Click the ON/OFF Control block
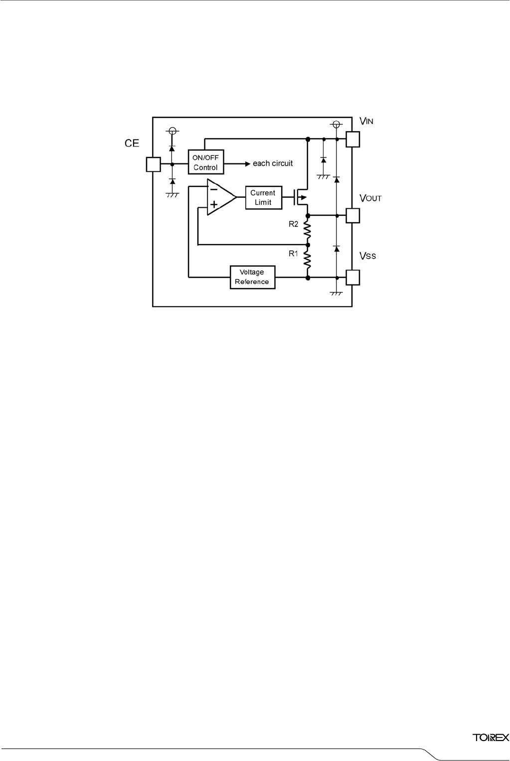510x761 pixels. click(x=205, y=162)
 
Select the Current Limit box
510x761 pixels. click(x=263, y=197)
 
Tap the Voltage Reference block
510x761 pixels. click(x=252, y=277)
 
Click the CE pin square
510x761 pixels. click(x=153, y=164)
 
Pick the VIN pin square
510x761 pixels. click(x=352, y=139)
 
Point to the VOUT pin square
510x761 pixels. click(x=352, y=215)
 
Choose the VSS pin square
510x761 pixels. click(x=352, y=277)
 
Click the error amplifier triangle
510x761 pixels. click(x=220, y=197)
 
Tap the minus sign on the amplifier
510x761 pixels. click(x=213, y=189)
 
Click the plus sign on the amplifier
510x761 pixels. click(x=214, y=204)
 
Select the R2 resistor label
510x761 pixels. click(x=294, y=224)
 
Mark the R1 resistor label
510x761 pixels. click(x=294, y=254)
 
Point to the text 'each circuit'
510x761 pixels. click(x=273, y=163)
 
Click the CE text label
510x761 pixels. click(x=132, y=144)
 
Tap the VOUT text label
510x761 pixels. click(x=370, y=198)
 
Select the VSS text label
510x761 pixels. click(x=368, y=256)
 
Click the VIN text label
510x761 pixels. click(x=366, y=121)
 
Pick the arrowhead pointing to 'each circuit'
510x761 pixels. click(x=247, y=163)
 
